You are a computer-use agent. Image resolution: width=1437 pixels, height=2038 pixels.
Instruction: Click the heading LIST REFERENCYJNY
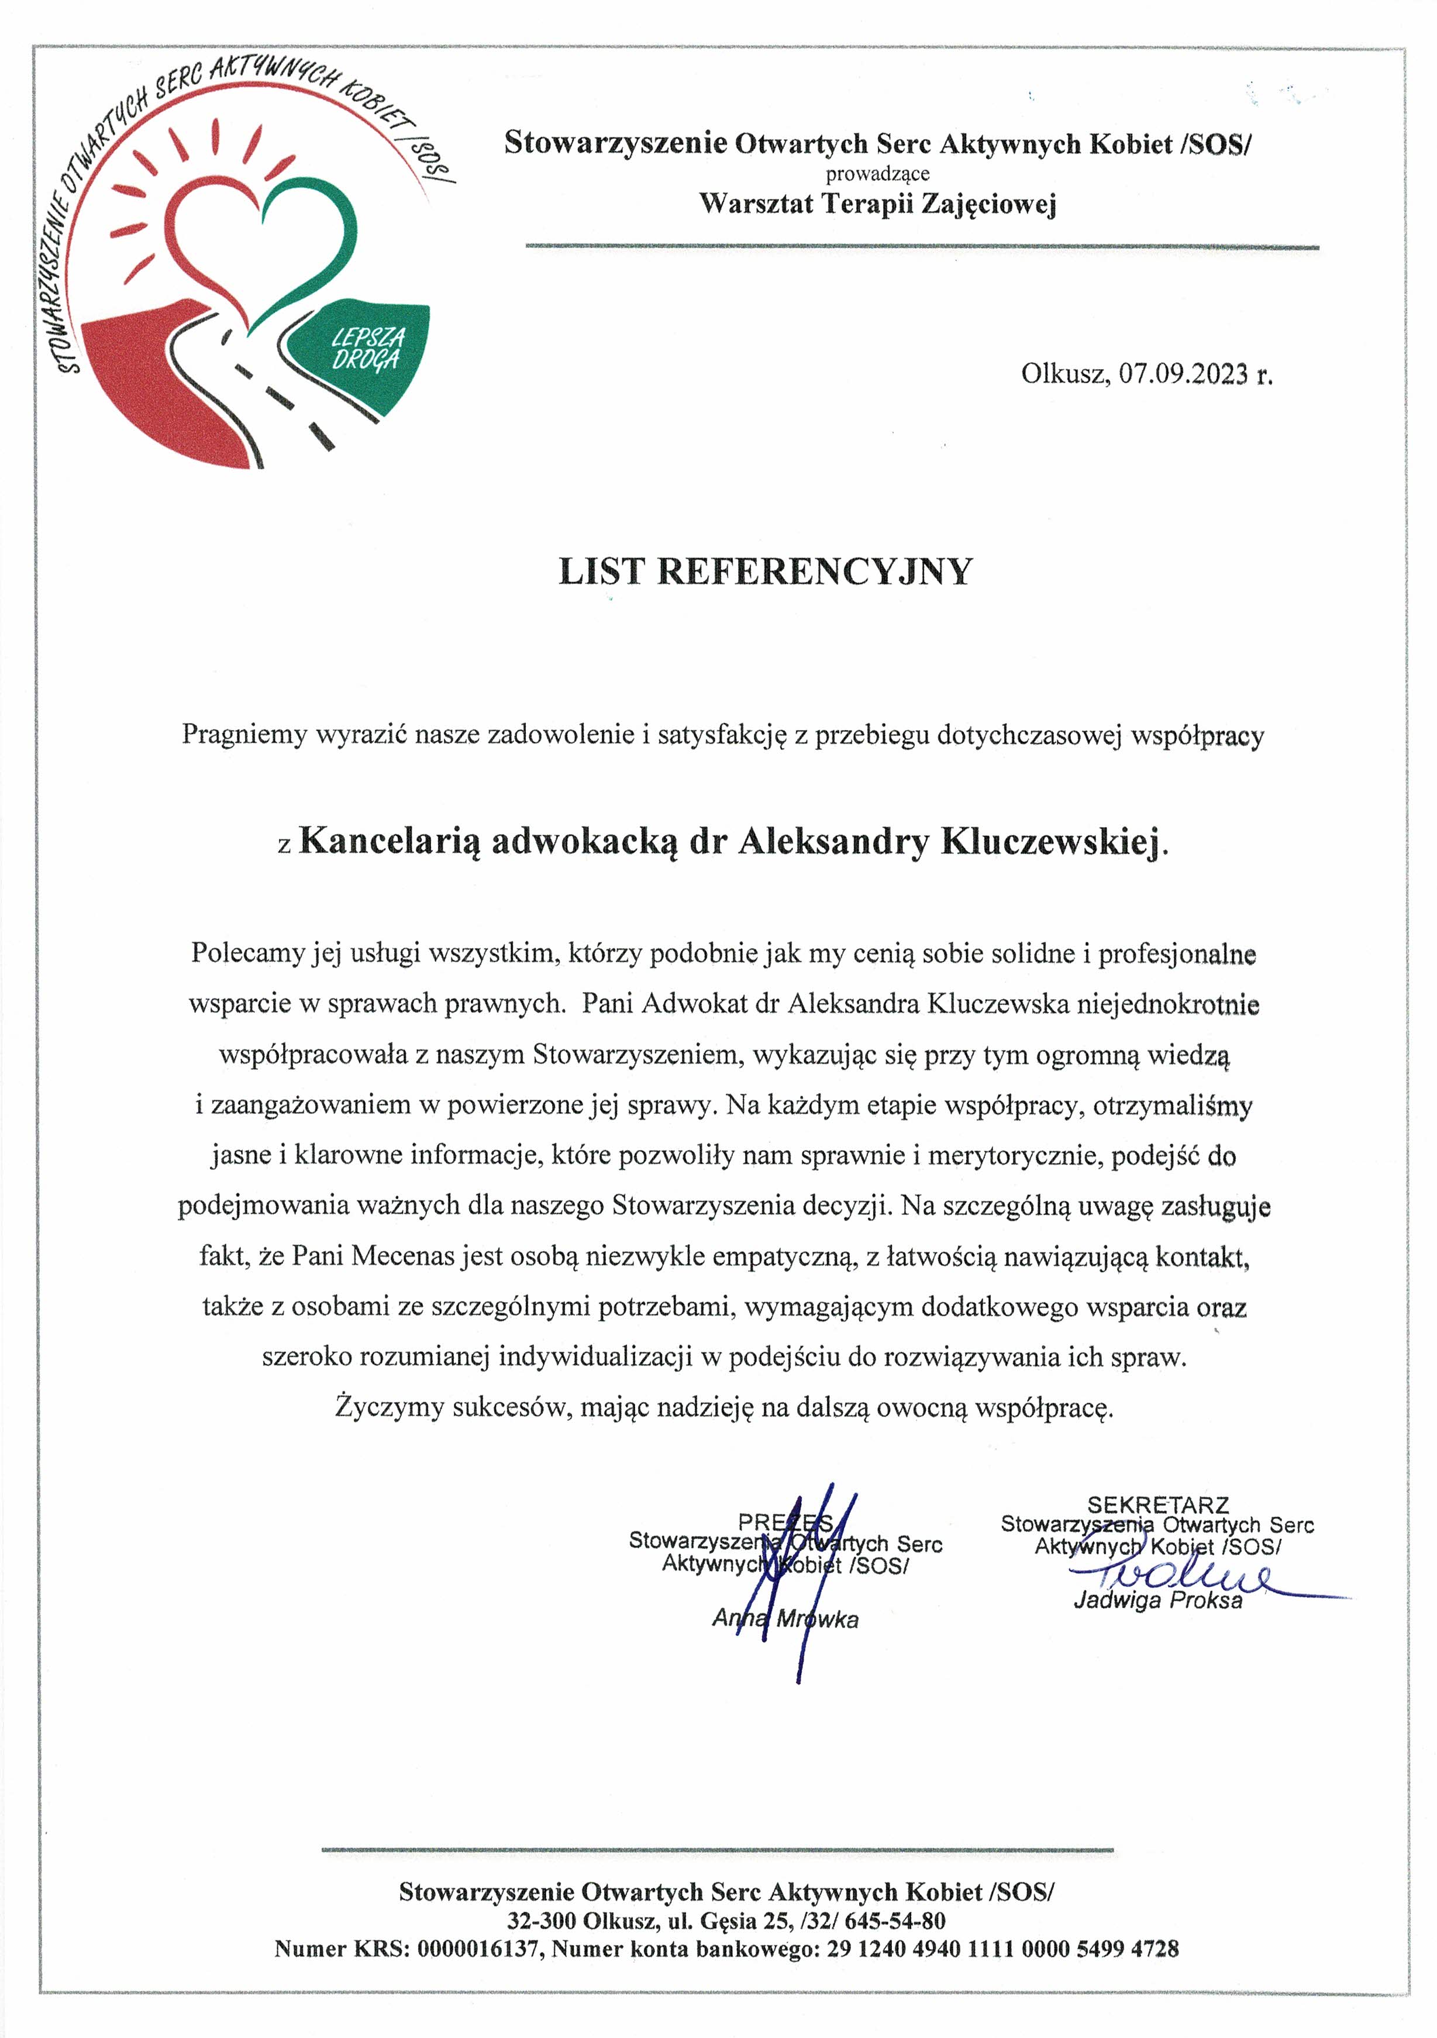(765, 571)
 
